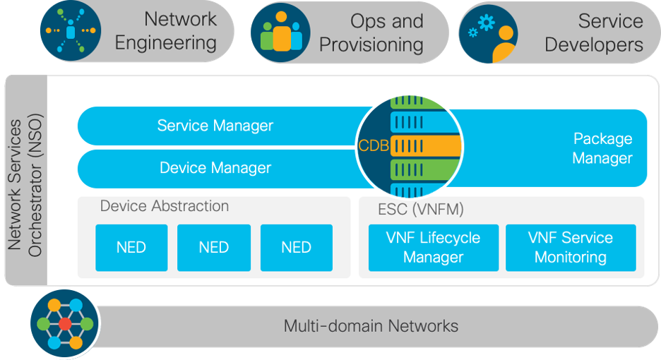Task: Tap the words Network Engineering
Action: (x=165, y=32)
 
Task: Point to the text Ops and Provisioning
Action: (x=371, y=32)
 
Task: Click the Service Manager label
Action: (x=215, y=126)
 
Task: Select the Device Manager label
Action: (x=215, y=167)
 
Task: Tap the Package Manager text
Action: (x=602, y=148)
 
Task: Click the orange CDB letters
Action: (x=374, y=146)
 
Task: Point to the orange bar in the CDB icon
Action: (x=424, y=145)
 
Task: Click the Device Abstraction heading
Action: (x=165, y=206)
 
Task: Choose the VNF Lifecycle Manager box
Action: (x=433, y=248)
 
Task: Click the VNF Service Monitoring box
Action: (x=570, y=248)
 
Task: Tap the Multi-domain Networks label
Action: (x=371, y=326)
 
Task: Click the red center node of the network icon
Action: (x=65, y=324)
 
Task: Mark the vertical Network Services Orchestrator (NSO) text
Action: (x=25, y=180)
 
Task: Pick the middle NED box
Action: (x=213, y=248)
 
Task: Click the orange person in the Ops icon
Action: (x=281, y=35)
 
